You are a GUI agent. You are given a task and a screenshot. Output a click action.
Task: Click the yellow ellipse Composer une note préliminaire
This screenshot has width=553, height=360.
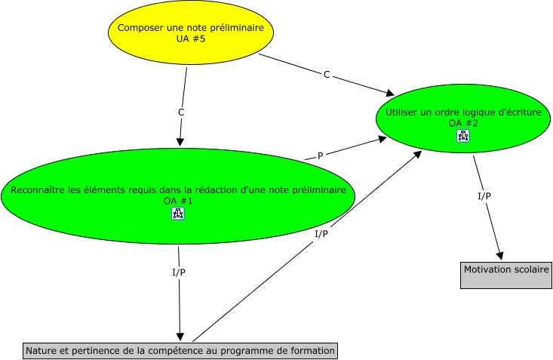[191, 32]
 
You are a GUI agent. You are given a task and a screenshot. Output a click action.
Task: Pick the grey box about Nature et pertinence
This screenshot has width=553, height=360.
[179, 351]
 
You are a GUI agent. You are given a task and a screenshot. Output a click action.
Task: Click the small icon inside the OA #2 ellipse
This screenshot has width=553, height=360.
[463, 137]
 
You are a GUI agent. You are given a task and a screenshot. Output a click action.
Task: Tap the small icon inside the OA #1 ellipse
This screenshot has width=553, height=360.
[178, 214]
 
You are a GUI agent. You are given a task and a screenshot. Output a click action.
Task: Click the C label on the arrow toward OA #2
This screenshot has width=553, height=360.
[327, 75]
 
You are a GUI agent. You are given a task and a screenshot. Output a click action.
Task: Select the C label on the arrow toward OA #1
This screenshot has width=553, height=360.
[181, 112]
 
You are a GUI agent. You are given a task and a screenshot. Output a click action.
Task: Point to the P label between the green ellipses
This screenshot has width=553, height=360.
[320, 155]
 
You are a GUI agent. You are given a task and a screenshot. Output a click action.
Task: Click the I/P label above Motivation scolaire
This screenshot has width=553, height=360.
[484, 196]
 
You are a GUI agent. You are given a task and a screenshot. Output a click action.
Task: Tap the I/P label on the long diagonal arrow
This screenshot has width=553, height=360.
[321, 234]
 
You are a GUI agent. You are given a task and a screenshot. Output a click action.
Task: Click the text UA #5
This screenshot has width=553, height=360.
[190, 38]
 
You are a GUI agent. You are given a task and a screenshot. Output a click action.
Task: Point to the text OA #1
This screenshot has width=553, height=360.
[178, 201]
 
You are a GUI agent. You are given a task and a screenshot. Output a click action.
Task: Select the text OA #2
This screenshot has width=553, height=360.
[463, 123]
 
